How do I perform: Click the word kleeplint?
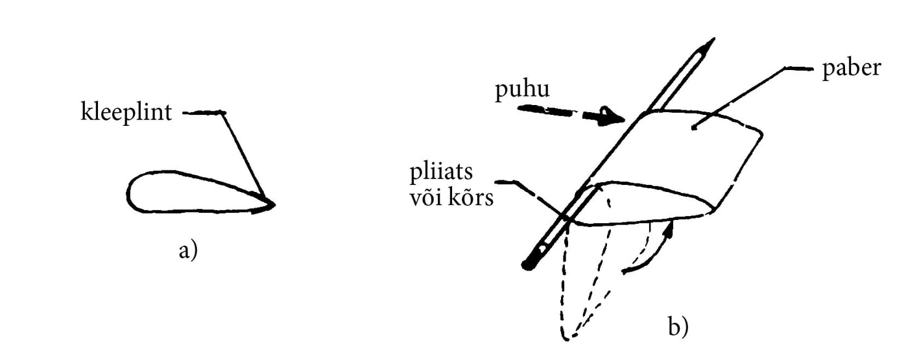click(126, 114)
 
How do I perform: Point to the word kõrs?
click(472, 198)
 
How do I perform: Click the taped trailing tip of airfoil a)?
click(269, 205)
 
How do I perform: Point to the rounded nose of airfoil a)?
click(131, 191)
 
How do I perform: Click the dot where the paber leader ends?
click(695, 128)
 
